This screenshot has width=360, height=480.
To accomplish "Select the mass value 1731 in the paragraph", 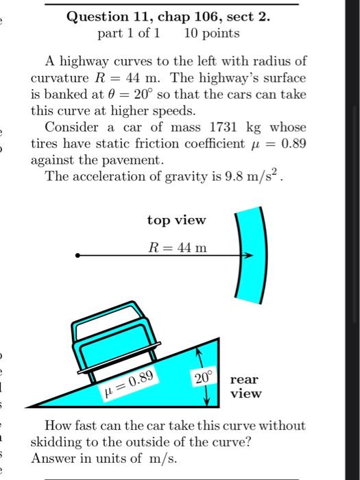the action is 208,128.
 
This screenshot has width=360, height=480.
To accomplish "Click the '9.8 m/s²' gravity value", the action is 253,176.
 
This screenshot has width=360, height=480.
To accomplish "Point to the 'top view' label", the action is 176,220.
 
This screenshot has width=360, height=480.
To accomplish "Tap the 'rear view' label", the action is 245,386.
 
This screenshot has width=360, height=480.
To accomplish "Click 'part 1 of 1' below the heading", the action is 130,33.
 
